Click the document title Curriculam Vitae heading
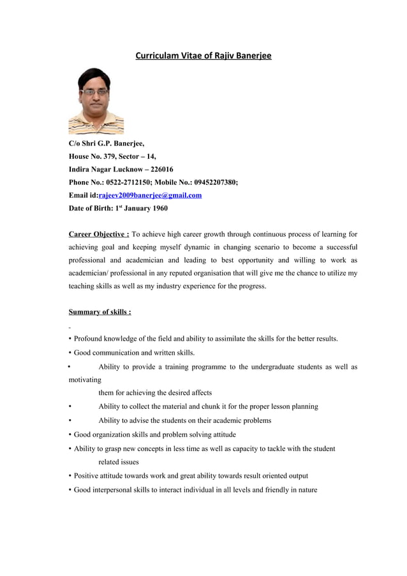pyautogui.click(x=203, y=56)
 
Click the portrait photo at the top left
pyautogui.click(x=96, y=101)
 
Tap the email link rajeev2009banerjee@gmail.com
pyautogui.click(x=150, y=195)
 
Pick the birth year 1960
pyautogui.click(x=159, y=208)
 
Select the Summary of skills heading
pyautogui.click(x=100, y=312)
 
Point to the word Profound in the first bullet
pyautogui.click(x=90, y=339)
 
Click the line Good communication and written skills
pyautogui.click(x=134, y=353)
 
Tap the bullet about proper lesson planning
pyautogui.click(x=208, y=406)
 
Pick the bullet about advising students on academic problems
pyautogui.click(x=184, y=420)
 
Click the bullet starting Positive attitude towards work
pyautogui.click(x=191, y=476)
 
